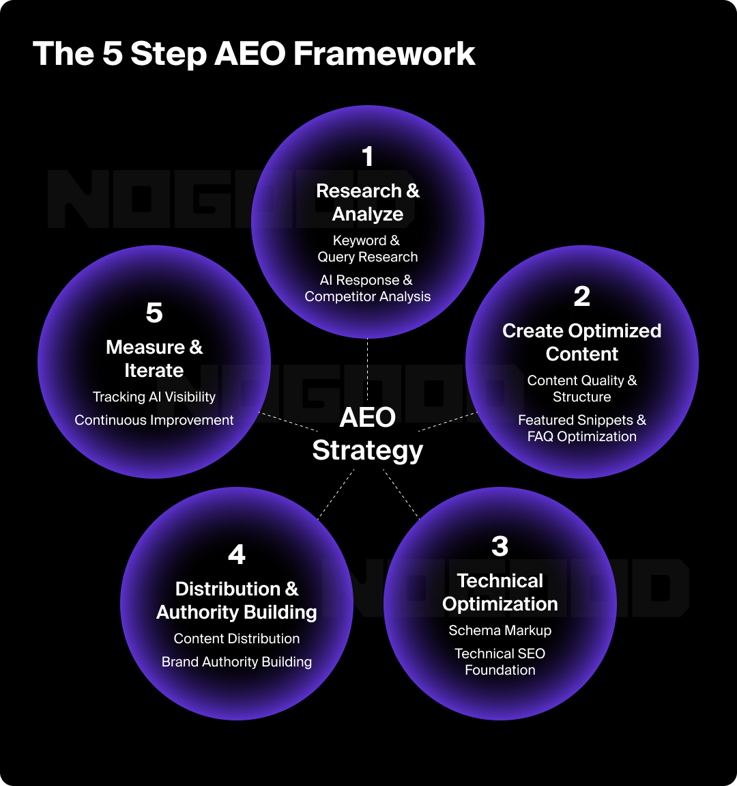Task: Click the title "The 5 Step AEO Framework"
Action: pyautogui.click(x=254, y=54)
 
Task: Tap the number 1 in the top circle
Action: pyautogui.click(x=368, y=157)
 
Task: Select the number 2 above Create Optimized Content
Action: pyautogui.click(x=581, y=296)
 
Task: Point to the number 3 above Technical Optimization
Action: pyautogui.click(x=500, y=546)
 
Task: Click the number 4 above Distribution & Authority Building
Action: pyautogui.click(x=237, y=555)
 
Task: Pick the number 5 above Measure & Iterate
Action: pyautogui.click(x=154, y=313)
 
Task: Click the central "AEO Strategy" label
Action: pyautogui.click(x=368, y=434)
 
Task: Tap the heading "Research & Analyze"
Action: pyautogui.click(x=368, y=202)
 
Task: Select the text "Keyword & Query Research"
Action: pyautogui.click(x=368, y=249)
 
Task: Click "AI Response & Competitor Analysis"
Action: pyautogui.click(x=368, y=288)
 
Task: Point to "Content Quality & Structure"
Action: pyautogui.click(x=582, y=389)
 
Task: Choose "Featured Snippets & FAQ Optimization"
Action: pyautogui.click(x=582, y=428)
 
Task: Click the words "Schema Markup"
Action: pyautogui.click(x=500, y=630)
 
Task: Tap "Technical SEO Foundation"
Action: pyautogui.click(x=500, y=662)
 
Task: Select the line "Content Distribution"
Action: pyautogui.click(x=237, y=638)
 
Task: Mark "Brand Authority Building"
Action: pyautogui.click(x=237, y=662)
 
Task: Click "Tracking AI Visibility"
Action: pyautogui.click(x=154, y=397)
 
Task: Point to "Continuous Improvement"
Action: pyautogui.click(x=154, y=420)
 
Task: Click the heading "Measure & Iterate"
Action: pyautogui.click(x=154, y=359)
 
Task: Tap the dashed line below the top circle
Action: pyautogui.click(x=368, y=369)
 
